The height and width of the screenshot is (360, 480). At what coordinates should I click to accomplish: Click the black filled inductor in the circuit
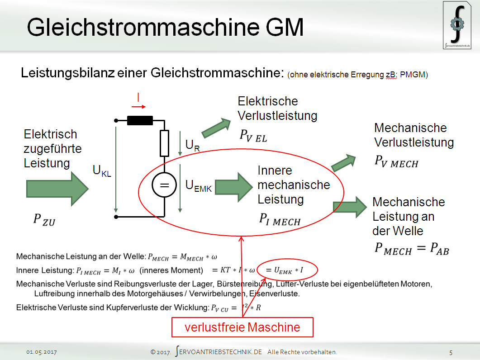point(140,120)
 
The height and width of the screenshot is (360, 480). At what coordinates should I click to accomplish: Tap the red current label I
point(138,97)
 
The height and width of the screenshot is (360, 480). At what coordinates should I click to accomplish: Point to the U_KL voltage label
point(102,171)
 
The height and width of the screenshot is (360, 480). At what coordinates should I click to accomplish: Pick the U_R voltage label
point(192,145)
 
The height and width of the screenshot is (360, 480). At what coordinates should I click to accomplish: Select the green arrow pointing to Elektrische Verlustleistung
point(216,128)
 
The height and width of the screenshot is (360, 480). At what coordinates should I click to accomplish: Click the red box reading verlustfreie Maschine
point(242,327)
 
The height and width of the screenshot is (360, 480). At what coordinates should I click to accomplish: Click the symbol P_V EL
point(253,136)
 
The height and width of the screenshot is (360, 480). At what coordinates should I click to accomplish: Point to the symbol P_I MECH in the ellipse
point(280,220)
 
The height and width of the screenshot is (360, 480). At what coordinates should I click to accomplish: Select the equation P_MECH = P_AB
point(411,249)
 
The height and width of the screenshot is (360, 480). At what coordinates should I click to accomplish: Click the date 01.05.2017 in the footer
point(41,352)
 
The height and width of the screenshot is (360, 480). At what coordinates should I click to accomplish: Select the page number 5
point(451,352)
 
